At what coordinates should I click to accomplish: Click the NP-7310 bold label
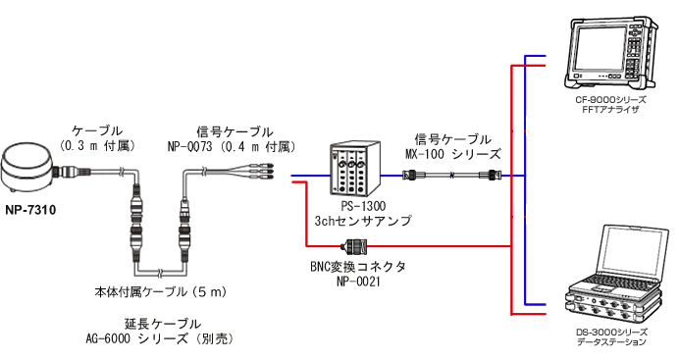pos(30,209)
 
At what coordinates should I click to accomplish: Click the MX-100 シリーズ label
pos(452,154)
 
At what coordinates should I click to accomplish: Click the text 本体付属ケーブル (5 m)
pos(162,290)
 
